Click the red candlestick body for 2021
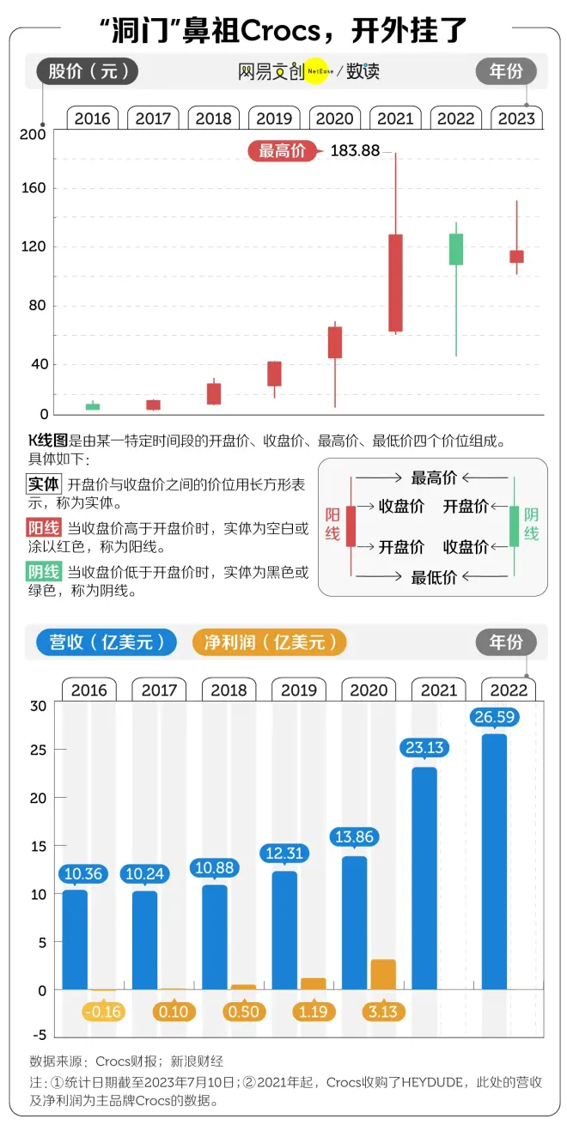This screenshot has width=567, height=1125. click(395, 283)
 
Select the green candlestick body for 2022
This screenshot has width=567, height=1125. click(456, 249)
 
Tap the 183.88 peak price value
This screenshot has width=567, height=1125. click(355, 151)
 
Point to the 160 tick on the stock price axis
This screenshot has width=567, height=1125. click(35, 188)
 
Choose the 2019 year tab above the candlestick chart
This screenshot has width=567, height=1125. click(274, 119)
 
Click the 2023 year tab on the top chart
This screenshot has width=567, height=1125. click(516, 119)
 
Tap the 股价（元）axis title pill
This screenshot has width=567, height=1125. click(87, 71)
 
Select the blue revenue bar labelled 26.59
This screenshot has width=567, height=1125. click(494, 861)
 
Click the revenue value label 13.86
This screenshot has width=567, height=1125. click(355, 836)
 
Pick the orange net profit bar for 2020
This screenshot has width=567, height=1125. click(383, 974)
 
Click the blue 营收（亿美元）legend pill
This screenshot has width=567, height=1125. click(107, 642)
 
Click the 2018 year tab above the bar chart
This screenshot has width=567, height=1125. click(229, 690)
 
